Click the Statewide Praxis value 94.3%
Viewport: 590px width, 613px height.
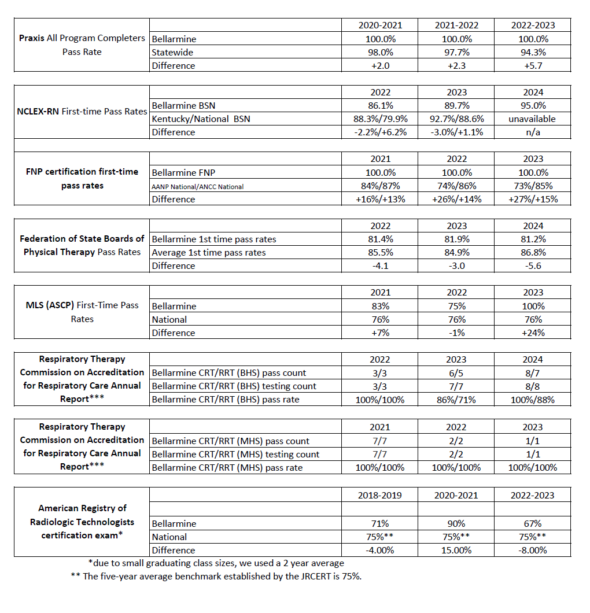[x=533, y=53]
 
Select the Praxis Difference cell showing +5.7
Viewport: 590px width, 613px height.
[x=533, y=65]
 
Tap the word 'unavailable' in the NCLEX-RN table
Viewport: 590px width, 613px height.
[x=533, y=119]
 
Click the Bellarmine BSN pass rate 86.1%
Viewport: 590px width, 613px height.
[x=380, y=105]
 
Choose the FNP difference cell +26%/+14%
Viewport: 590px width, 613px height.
[x=456, y=199]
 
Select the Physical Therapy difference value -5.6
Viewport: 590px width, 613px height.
[x=533, y=265]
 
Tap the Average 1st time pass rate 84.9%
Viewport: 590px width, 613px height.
[x=456, y=252]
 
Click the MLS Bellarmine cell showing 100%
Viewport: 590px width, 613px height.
[x=533, y=306]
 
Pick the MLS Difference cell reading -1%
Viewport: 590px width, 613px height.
[x=456, y=333]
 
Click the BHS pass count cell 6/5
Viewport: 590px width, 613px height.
[x=456, y=372]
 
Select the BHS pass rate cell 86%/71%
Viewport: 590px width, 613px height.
[x=456, y=399]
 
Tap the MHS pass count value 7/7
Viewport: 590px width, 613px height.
[x=380, y=441]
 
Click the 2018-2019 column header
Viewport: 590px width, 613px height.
[x=380, y=495]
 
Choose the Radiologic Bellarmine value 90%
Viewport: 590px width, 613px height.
[x=456, y=523]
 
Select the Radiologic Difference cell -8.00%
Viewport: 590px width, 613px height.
[x=533, y=550]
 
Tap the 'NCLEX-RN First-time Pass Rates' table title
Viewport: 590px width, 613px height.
[x=82, y=112]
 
